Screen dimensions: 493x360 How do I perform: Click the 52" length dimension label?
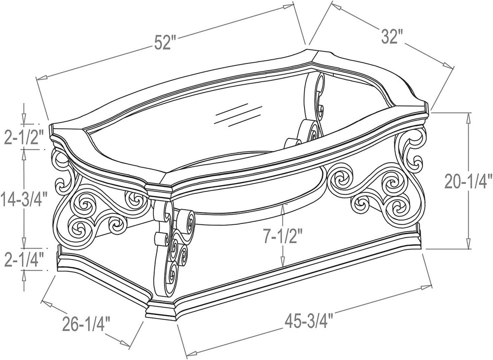[165, 42]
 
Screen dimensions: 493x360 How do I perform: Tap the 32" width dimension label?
[392, 36]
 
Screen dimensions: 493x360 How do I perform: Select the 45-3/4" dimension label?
[310, 321]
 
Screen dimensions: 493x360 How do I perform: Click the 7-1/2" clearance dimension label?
[282, 237]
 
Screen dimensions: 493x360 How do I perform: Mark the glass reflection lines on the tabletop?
[238, 116]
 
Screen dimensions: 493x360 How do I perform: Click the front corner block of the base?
[162, 310]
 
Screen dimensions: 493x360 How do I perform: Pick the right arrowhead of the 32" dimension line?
[448, 64]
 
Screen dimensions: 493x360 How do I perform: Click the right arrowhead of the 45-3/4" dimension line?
[426, 287]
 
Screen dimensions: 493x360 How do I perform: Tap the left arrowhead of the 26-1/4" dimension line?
[46, 303]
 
